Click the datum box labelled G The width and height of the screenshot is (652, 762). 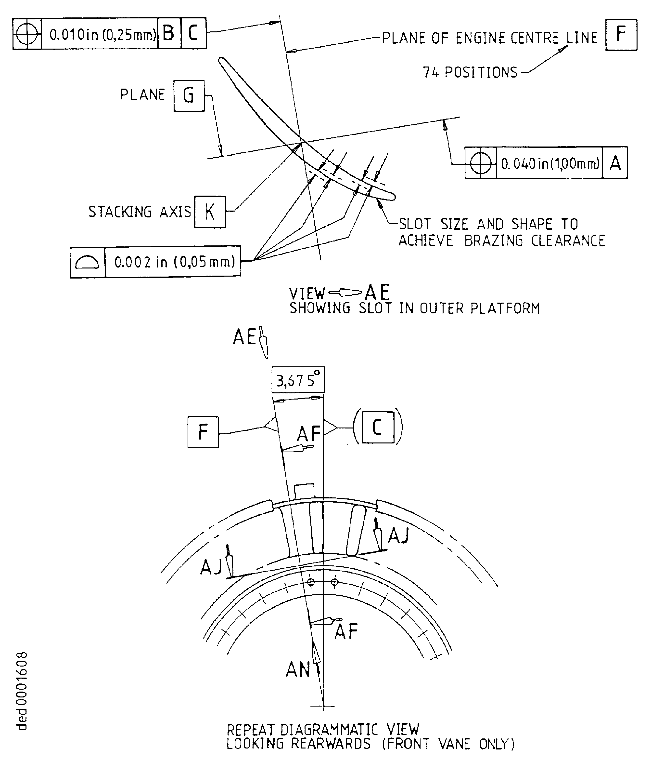click(x=189, y=96)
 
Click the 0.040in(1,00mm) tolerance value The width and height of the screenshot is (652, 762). click(x=550, y=163)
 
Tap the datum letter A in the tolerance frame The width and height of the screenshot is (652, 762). click(x=615, y=163)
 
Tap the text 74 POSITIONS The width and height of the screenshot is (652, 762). click(x=470, y=72)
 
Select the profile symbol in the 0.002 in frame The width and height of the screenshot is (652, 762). click(x=87, y=262)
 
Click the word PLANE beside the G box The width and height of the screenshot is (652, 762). click(x=143, y=95)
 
